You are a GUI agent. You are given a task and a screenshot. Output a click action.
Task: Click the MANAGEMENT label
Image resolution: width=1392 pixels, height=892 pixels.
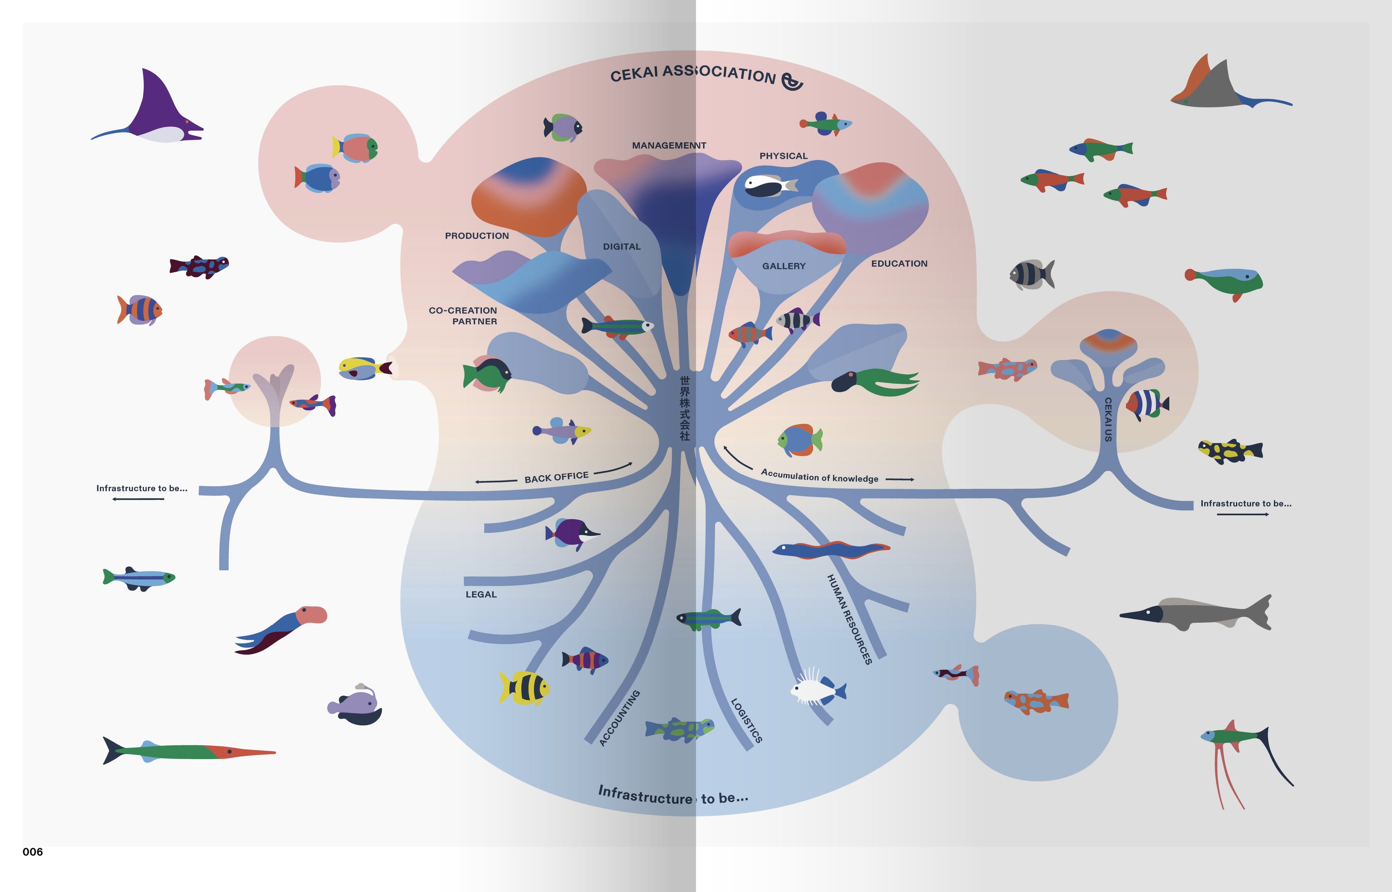(x=669, y=145)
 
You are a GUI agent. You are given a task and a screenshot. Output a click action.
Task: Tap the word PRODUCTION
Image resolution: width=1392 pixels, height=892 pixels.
(x=476, y=236)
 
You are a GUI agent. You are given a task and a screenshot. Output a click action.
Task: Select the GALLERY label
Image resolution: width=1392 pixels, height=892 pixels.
(x=783, y=266)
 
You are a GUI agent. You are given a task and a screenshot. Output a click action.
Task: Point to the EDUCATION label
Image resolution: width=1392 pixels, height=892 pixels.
(x=899, y=263)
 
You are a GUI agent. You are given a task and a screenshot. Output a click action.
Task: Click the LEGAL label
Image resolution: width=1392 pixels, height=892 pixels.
(x=481, y=594)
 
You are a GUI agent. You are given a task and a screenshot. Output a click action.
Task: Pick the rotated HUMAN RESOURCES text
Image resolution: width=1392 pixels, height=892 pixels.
(x=849, y=618)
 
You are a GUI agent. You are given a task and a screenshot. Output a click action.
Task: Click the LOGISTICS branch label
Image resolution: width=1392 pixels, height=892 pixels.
(x=746, y=720)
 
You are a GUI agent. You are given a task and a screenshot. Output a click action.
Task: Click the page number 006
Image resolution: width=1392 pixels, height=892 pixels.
(x=33, y=851)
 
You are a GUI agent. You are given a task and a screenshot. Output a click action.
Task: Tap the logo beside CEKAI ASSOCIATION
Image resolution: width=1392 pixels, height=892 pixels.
(x=792, y=82)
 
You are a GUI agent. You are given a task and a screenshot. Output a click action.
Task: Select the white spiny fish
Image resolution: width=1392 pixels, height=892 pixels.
(x=816, y=688)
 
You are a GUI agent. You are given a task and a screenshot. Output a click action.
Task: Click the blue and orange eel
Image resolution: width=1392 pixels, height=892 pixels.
(x=831, y=549)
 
